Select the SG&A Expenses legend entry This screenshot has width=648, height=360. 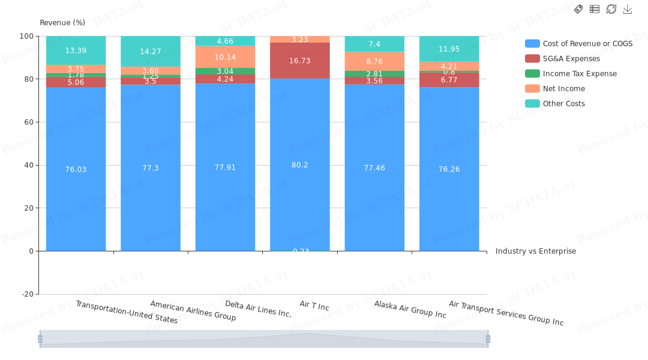pyautogui.click(x=571, y=59)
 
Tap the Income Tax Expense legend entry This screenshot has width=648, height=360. pyautogui.click(x=580, y=74)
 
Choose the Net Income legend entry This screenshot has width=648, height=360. pyautogui.click(x=563, y=89)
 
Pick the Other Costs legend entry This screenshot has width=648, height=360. pyautogui.click(x=563, y=104)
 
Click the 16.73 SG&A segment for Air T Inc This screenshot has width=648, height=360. pyautogui.click(x=299, y=61)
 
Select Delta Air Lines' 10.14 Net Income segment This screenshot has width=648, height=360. pyautogui.click(x=225, y=58)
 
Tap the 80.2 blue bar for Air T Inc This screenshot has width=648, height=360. pyautogui.click(x=299, y=165)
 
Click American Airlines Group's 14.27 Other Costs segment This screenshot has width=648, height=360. pyautogui.click(x=151, y=52)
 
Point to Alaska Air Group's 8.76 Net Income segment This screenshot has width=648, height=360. pyautogui.click(x=374, y=61)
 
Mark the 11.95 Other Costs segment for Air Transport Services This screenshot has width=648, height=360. pyautogui.click(x=449, y=49)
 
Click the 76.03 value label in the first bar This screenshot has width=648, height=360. pyautogui.click(x=76, y=170)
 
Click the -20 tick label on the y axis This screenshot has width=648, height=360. pyautogui.click(x=27, y=294)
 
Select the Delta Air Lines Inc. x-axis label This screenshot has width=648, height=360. pyautogui.click(x=258, y=309)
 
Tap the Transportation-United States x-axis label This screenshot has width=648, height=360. pyautogui.click(x=127, y=312)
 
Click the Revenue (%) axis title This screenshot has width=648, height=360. pyautogui.click(x=62, y=23)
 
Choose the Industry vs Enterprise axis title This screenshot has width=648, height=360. pyautogui.click(x=535, y=251)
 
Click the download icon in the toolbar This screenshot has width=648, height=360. pyautogui.click(x=628, y=9)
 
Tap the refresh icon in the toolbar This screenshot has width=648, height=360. pyautogui.click(x=611, y=9)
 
